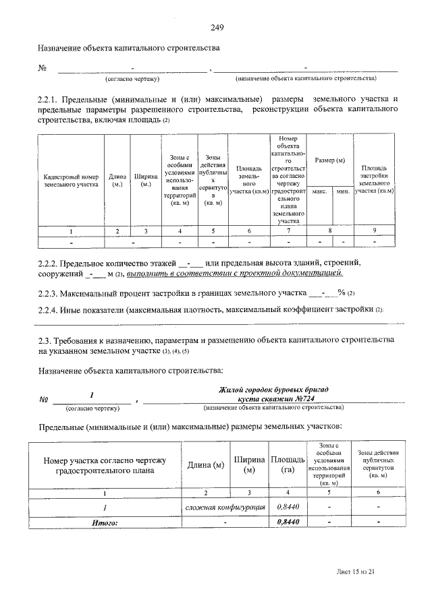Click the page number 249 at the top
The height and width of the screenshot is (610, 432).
[x=216, y=28]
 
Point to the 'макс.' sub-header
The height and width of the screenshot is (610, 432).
[x=319, y=191]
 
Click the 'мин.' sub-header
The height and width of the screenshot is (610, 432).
[x=342, y=191]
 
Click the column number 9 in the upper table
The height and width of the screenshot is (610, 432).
[x=375, y=231]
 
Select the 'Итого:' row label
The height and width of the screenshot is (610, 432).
[x=105, y=522]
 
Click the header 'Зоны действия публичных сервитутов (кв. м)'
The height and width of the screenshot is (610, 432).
[x=378, y=464]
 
